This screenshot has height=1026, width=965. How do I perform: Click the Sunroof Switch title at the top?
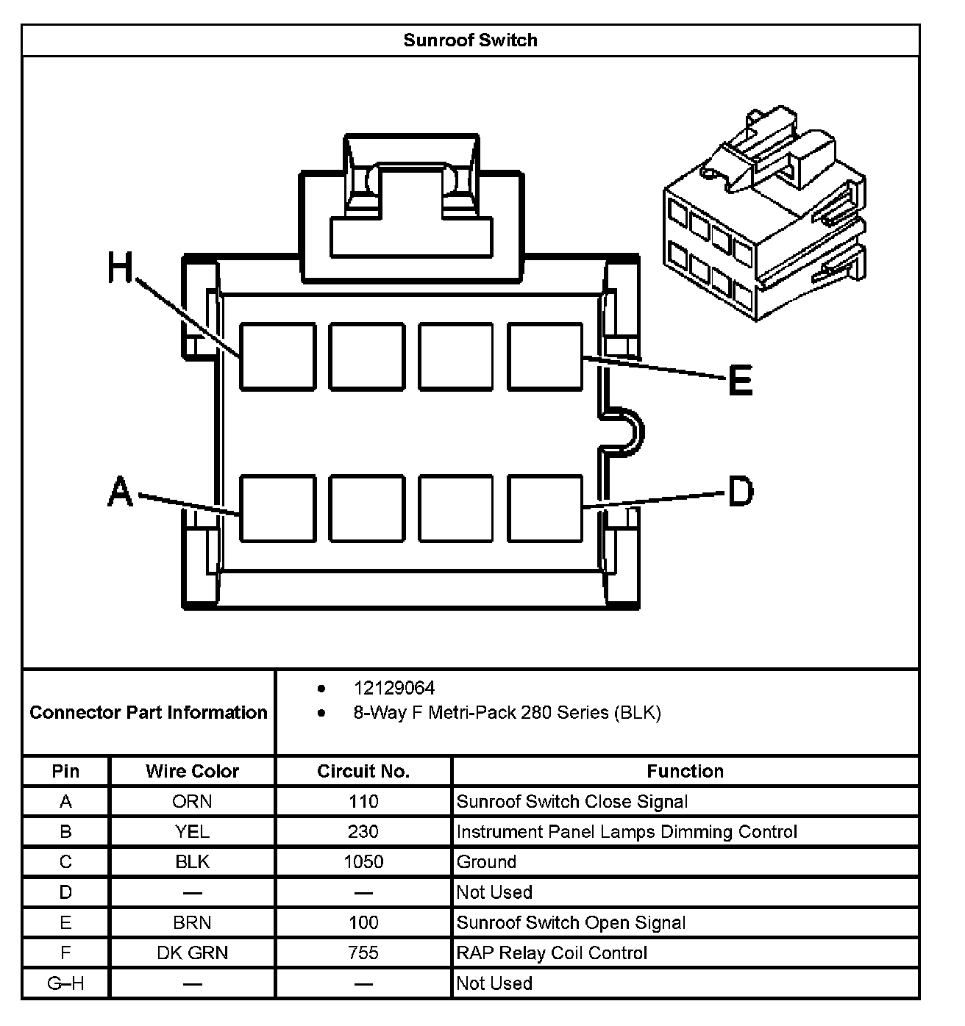[470, 40]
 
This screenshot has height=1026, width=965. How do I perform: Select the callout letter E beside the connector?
[740, 380]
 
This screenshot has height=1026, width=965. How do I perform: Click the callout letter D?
[740, 491]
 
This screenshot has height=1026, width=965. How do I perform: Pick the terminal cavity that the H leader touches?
[277, 356]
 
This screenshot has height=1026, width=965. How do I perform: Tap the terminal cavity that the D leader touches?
[545, 509]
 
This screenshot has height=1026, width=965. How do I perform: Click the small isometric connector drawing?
[764, 218]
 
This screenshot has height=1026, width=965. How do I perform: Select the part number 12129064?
[394, 688]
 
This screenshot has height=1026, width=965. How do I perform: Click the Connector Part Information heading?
[149, 712]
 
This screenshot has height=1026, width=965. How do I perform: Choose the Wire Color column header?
[192, 771]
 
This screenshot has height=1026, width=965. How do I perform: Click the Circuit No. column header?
[363, 771]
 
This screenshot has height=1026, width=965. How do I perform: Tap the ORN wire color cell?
[192, 801]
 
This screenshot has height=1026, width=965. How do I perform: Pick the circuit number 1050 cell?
[363, 861]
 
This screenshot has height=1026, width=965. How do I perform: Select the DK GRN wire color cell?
[192, 953]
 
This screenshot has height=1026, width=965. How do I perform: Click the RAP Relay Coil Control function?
[552, 953]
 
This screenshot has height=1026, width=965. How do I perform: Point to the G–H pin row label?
[65, 983]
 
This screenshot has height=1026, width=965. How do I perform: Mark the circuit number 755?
[363, 953]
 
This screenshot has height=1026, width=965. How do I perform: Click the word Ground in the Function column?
[486, 861]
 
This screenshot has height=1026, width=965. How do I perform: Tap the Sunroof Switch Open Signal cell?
[571, 922]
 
